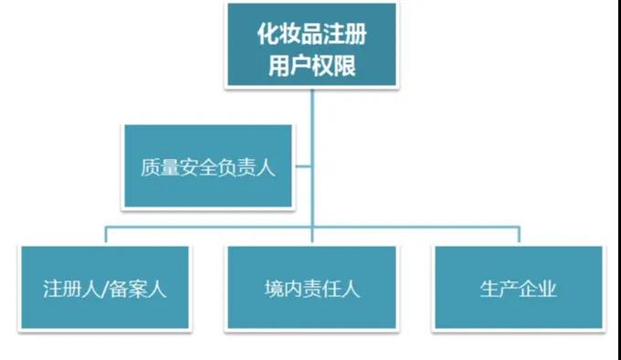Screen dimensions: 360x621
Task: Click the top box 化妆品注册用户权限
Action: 311,46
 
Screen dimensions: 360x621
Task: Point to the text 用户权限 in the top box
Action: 313,65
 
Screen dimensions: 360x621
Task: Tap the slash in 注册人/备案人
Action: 107,290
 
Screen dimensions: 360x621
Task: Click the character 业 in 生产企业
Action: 548,290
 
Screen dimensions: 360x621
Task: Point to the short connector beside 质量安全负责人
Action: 302,166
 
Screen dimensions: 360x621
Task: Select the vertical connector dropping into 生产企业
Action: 518,235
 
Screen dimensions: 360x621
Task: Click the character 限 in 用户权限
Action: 345,65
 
